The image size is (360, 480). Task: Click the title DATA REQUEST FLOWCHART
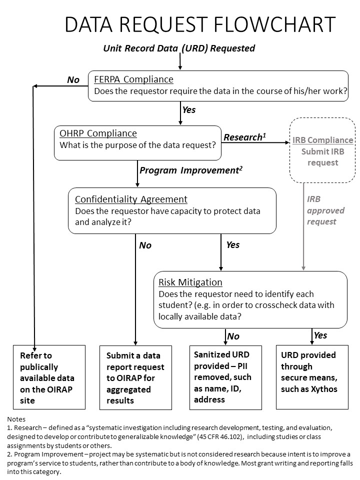click(200, 25)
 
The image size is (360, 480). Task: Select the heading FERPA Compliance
click(134, 79)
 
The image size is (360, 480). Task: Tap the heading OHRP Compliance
click(98, 133)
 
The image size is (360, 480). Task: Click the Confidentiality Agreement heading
click(131, 199)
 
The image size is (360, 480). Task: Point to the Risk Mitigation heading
click(190, 282)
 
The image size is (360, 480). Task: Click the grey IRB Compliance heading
click(323, 140)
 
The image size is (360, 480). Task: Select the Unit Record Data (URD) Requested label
click(179, 48)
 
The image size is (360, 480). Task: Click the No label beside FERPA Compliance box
click(73, 80)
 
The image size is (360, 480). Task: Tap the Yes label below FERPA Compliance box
click(189, 109)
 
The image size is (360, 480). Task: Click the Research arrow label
click(243, 137)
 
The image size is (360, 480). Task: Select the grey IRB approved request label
click(322, 210)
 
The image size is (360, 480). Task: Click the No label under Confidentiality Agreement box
click(145, 245)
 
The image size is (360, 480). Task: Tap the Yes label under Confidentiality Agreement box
click(233, 245)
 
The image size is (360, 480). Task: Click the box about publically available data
click(49, 377)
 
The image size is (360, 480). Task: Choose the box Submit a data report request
click(135, 377)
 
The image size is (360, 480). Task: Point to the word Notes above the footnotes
click(16, 419)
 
